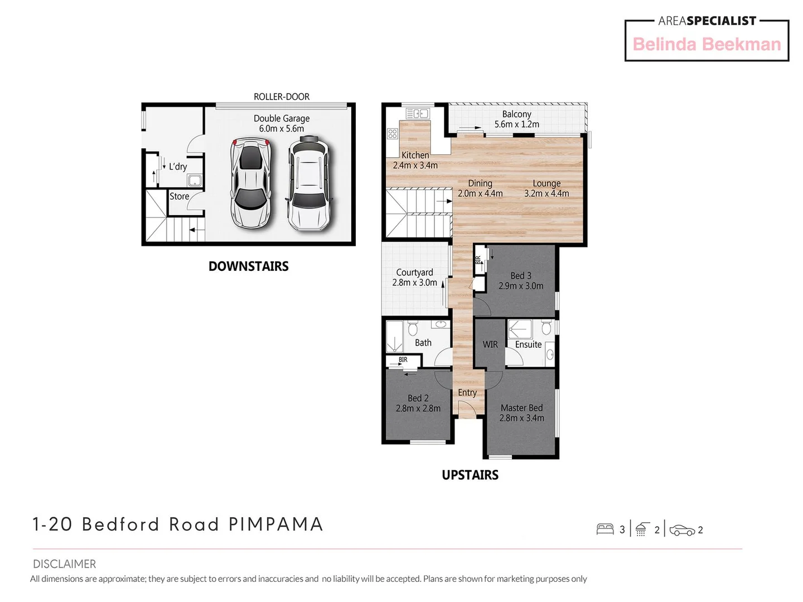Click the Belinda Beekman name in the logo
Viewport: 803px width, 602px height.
707,45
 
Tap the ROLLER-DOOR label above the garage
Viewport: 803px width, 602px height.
282,96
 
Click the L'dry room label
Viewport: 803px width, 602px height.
178,167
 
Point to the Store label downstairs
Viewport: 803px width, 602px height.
179,196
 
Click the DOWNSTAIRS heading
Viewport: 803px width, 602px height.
248,266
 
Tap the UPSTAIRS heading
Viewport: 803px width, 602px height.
470,475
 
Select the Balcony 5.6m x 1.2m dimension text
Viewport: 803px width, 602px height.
516,124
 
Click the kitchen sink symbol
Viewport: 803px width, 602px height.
417,114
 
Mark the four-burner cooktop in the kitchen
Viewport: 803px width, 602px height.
393,134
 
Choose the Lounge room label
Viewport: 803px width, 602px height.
546,183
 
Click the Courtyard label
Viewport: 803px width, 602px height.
414,272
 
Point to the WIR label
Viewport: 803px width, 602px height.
490,344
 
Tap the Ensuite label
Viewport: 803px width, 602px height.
528,344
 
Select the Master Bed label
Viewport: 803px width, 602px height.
521,408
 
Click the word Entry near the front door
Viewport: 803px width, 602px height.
467,392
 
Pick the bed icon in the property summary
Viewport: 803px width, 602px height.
605,530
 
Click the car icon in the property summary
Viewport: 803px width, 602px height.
682,530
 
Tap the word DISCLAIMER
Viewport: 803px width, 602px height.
64,564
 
